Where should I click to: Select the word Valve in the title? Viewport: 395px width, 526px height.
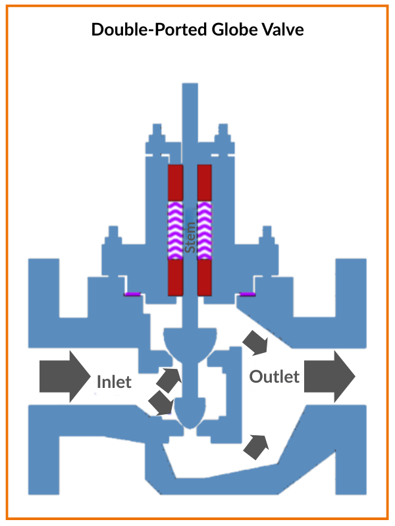[282, 30]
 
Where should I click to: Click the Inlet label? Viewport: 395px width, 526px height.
[114, 381]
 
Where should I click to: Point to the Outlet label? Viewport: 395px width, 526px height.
[275, 377]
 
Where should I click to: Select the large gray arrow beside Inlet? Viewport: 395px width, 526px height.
[65, 377]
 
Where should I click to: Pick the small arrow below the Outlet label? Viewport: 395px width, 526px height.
[257, 446]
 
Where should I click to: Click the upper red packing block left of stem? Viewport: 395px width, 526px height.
[175, 183]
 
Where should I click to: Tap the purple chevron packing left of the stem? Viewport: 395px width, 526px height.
[175, 230]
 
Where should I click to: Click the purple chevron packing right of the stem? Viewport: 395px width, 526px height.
[204, 230]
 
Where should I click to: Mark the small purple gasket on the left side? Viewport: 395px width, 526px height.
[134, 294]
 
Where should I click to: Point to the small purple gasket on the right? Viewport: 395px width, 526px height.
[247, 294]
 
